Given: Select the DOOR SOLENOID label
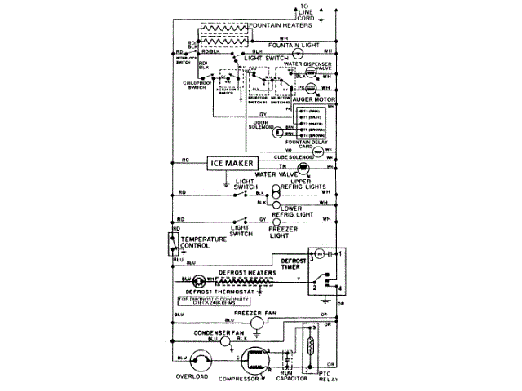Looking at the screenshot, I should (261, 126).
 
